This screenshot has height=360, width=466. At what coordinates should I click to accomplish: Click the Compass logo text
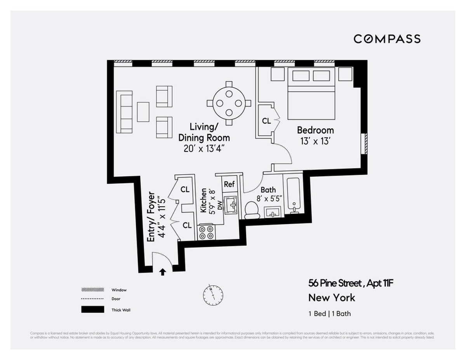(x=387, y=39)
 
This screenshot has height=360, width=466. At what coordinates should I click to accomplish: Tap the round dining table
(x=229, y=103)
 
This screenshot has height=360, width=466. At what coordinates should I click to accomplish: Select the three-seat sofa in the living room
(x=125, y=112)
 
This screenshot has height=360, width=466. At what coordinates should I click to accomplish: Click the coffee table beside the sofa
(x=143, y=112)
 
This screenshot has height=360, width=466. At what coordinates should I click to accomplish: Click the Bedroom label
(x=315, y=130)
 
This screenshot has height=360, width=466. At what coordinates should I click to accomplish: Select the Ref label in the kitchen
(x=229, y=184)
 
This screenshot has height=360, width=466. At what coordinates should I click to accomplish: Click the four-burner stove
(x=206, y=232)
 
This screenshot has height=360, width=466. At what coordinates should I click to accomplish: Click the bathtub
(x=294, y=196)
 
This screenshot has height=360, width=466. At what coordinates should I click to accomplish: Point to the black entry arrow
(x=163, y=272)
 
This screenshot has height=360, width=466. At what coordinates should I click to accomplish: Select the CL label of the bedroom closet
(x=266, y=121)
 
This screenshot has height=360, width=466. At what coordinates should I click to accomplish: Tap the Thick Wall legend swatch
(x=92, y=310)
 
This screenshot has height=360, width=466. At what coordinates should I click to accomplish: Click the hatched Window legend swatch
(x=92, y=290)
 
